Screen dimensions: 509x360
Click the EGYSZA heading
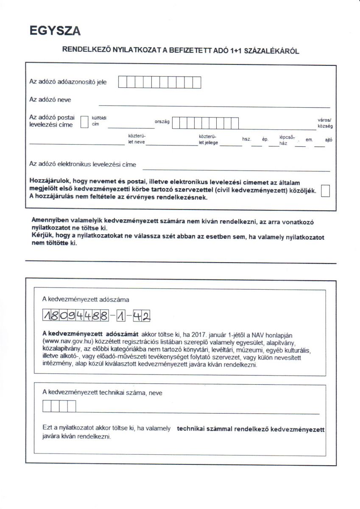(55, 31)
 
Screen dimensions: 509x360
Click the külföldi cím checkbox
(84, 122)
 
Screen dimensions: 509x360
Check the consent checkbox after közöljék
(325, 191)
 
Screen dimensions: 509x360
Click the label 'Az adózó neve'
(50, 100)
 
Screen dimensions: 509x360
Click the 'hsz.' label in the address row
(246, 139)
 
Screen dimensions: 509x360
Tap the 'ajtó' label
(328, 140)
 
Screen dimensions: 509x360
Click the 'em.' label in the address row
(309, 139)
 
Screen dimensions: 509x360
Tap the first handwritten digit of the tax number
(47, 316)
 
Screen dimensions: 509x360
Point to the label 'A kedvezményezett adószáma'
(85, 299)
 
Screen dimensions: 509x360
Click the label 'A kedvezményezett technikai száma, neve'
(102, 393)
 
